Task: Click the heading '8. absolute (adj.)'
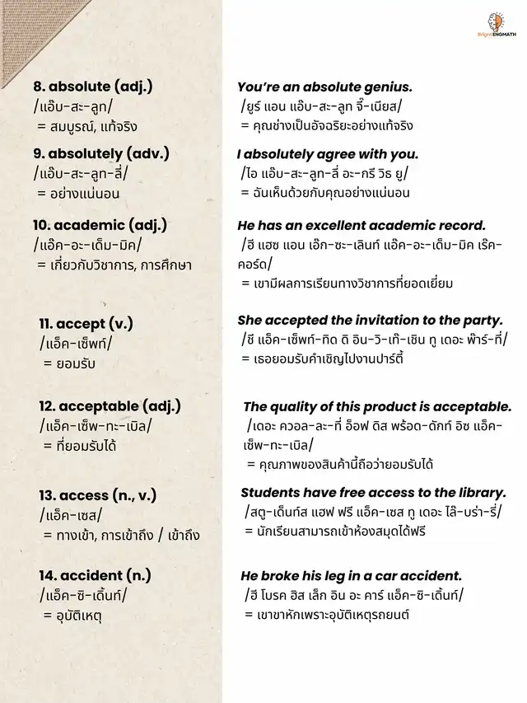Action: (92, 87)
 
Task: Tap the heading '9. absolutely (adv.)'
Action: (100, 153)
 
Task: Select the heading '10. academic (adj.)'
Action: (100, 224)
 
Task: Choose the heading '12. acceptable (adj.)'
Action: (110, 405)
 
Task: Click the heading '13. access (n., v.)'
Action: (97, 494)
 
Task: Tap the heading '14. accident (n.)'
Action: (95, 574)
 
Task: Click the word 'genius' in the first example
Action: (389, 87)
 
